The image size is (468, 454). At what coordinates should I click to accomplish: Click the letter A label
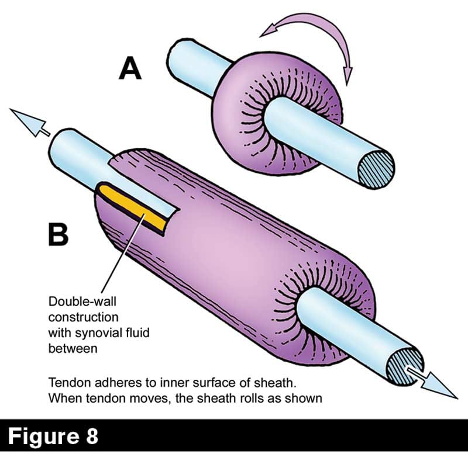click(130, 68)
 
